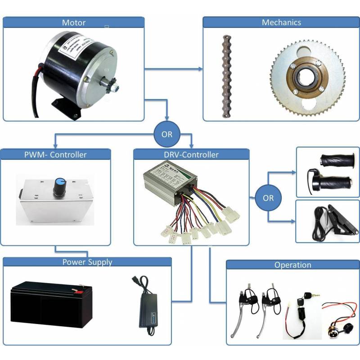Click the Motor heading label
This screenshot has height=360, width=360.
[x=74, y=22]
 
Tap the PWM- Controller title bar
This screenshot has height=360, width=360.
[x=55, y=154]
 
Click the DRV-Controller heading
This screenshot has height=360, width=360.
[x=191, y=154]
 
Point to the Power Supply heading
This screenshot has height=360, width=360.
[x=87, y=262]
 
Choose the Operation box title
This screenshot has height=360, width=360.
[x=292, y=265]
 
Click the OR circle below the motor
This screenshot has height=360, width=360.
[x=166, y=134]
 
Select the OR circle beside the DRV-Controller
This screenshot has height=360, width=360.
[x=268, y=198]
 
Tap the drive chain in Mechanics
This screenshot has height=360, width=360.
[x=224, y=76]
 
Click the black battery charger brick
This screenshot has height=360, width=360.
[x=151, y=310]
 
